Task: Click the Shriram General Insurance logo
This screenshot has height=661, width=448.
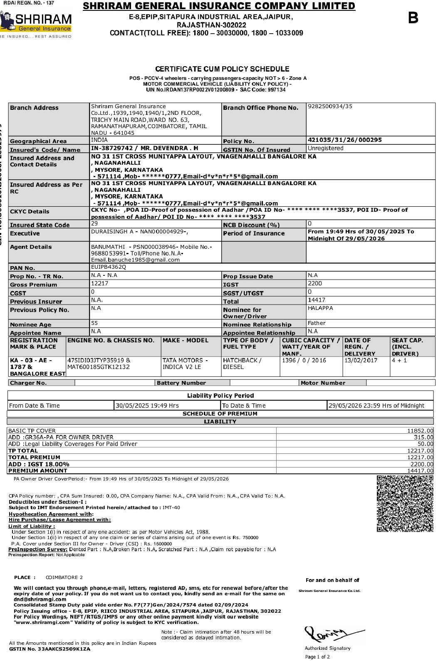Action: pyautogui.click(x=37, y=23)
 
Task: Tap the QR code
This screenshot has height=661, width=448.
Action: pyautogui.click(x=405, y=503)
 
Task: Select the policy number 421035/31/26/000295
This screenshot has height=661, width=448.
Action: pyautogui.click(x=344, y=140)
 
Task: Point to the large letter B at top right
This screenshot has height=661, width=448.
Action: pyautogui.click(x=413, y=18)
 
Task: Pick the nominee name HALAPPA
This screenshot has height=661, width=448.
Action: pyautogui.click(x=320, y=308)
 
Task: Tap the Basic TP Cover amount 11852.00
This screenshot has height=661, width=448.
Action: pyautogui.click(x=420, y=431)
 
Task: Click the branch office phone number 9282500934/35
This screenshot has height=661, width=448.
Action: pyautogui.click(x=330, y=106)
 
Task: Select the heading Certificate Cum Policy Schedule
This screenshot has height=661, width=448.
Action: pyautogui.click(x=222, y=69)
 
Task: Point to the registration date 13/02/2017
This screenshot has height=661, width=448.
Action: pyautogui.click(x=361, y=361)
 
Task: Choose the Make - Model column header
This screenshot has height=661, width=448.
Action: pyautogui.click(x=186, y=341)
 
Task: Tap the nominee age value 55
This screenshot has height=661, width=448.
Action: pyautogui.click(x=94, y=323)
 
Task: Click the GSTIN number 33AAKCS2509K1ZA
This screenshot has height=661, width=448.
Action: pyautogui.click(x=64, y=649)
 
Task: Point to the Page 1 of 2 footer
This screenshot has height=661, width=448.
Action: pyautogui.click(x=317, y=657)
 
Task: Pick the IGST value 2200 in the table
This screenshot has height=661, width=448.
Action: pyautogui.click(x=314, y=284)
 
